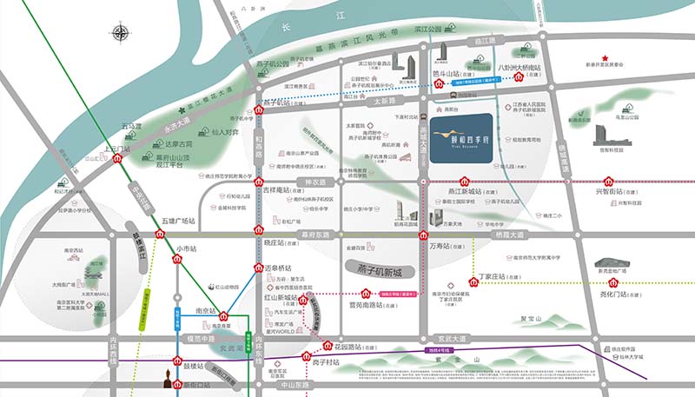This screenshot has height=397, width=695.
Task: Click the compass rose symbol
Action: coord(120,34)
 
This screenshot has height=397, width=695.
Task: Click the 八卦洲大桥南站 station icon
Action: coord(520,76)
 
